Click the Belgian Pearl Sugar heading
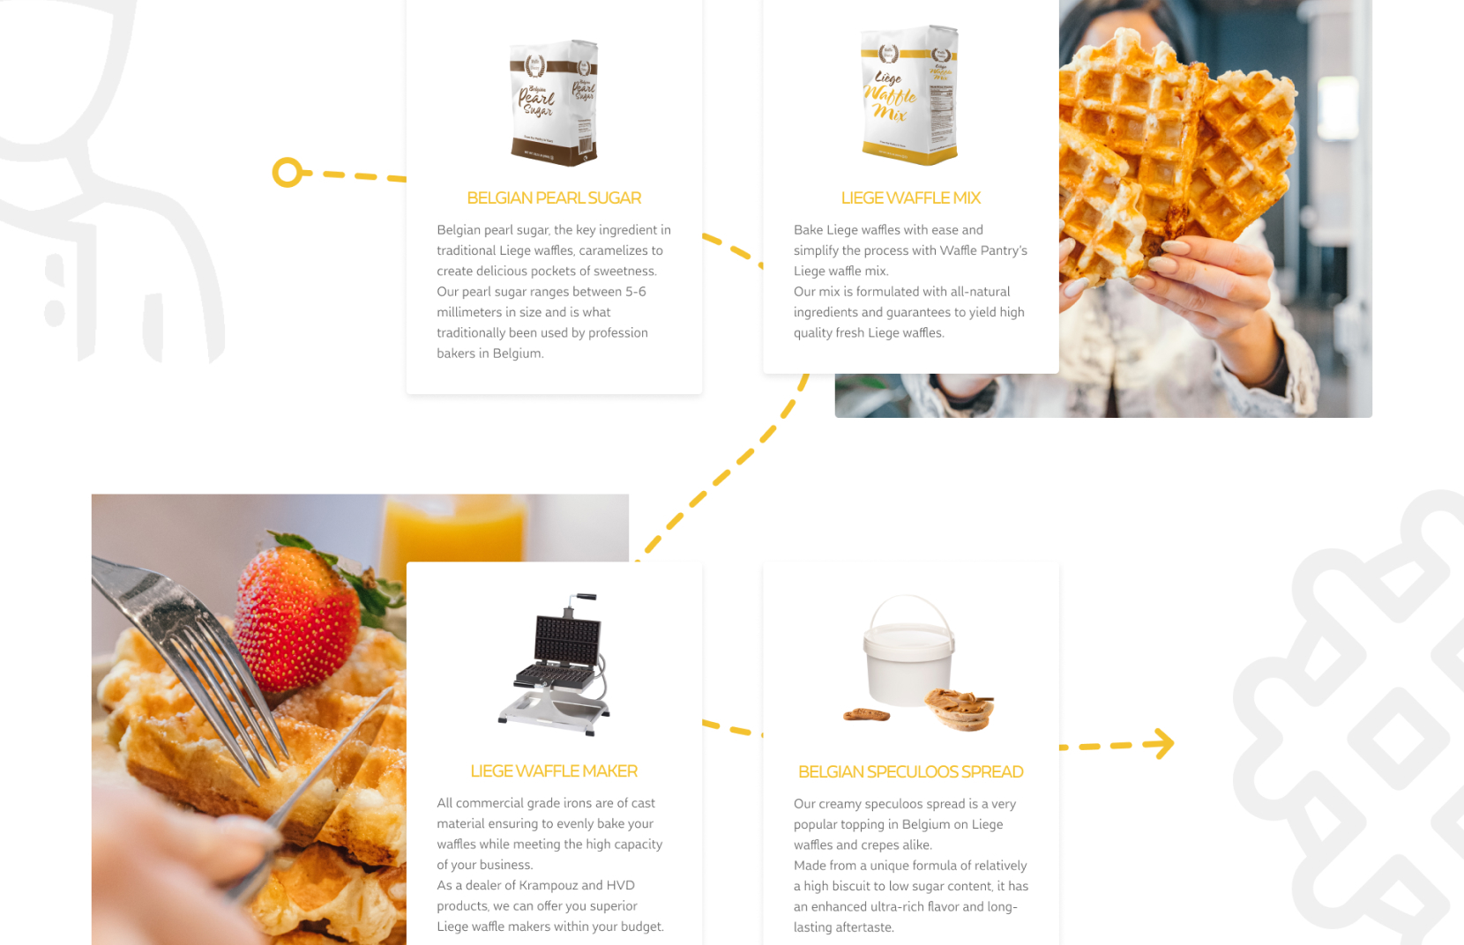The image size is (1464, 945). tap(554, 198)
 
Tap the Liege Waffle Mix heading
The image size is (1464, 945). tap(910, 198)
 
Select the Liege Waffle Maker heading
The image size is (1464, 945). tap(554, 771)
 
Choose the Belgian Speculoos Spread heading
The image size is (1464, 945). tap(910, 772)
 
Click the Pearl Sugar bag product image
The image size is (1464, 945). tap(554, 102)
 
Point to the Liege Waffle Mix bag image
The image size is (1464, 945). tap(909, 95)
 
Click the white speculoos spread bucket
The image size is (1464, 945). tap(908, 657)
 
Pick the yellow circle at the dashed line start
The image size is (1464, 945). tap(287, 172)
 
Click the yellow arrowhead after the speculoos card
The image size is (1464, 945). tap(1163, 743)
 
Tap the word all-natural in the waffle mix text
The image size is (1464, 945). tap(980, 292)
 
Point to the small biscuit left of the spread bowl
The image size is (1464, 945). tap(866, 714)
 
